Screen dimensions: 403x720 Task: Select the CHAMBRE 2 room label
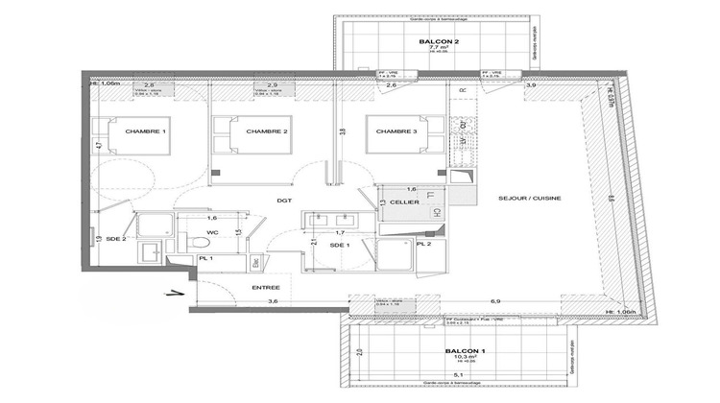tap(268, 131)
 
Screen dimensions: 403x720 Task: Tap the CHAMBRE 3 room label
tap(396, 131)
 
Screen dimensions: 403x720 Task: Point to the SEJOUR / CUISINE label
tap(530, 199)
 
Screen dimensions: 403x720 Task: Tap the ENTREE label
tap(266, 288)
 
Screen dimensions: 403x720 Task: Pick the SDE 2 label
tap(116, 239)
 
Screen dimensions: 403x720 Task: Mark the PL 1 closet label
tap(205, 259)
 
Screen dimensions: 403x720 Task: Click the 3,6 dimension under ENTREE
tap(272, 302)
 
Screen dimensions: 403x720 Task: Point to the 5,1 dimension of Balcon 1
tap(459, 374)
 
